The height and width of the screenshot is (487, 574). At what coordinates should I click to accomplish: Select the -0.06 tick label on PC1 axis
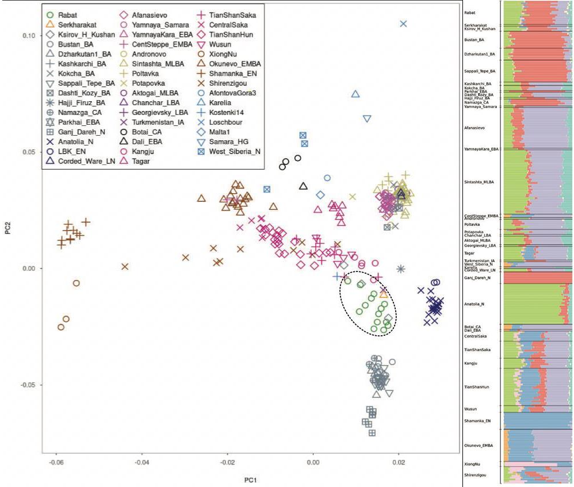coord(56,461)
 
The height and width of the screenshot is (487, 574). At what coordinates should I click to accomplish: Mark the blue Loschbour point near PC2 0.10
coord(404,24)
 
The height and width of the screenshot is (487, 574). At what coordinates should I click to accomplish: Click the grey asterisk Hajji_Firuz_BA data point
coord(401,269)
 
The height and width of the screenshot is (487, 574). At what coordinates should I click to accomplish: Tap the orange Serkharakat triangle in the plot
coord(384,294)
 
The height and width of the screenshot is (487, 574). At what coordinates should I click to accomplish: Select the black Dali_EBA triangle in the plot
coord(304,186)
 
